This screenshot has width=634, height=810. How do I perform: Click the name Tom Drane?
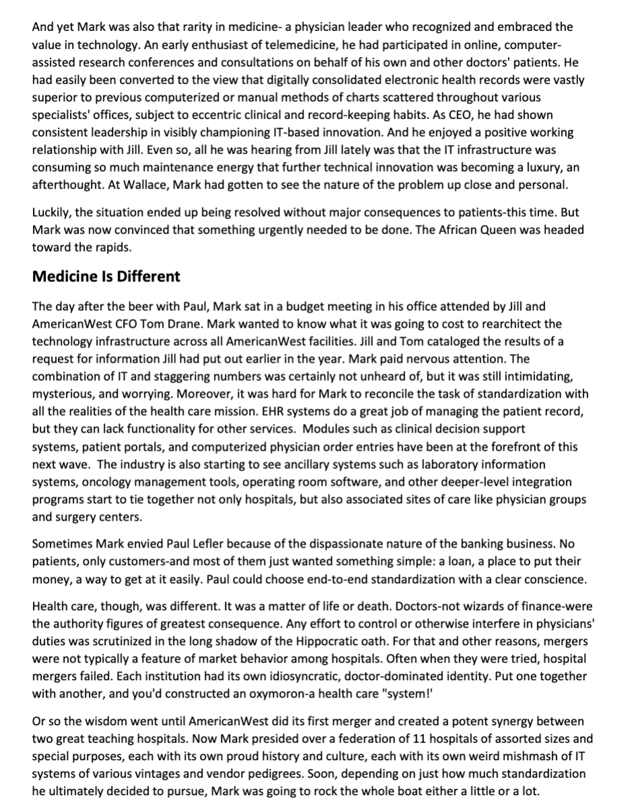155,324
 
